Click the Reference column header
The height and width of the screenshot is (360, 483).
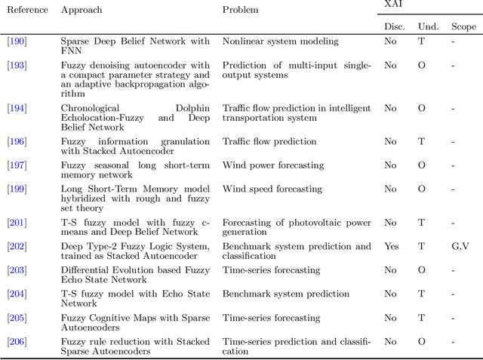tap(27, 11)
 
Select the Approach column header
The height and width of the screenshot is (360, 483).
tap(82, 11)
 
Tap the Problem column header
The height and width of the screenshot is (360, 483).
tap(240, 11)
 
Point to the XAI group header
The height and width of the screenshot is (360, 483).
tap(394, 5)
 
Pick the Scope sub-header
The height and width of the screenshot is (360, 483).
tap(463, 26)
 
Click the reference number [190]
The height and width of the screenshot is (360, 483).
tap(17, 42)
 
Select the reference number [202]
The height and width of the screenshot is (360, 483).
tap(17, 246)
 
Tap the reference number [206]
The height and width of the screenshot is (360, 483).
tap(17, 341)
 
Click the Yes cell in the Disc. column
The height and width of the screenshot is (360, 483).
tap(390, 246)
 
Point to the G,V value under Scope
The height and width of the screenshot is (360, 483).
tap(460, 246)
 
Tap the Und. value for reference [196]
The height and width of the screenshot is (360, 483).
tap(421, 141)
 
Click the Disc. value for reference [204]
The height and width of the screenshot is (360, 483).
tap(390, 294)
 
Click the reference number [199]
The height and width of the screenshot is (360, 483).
tap(17, 189)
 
